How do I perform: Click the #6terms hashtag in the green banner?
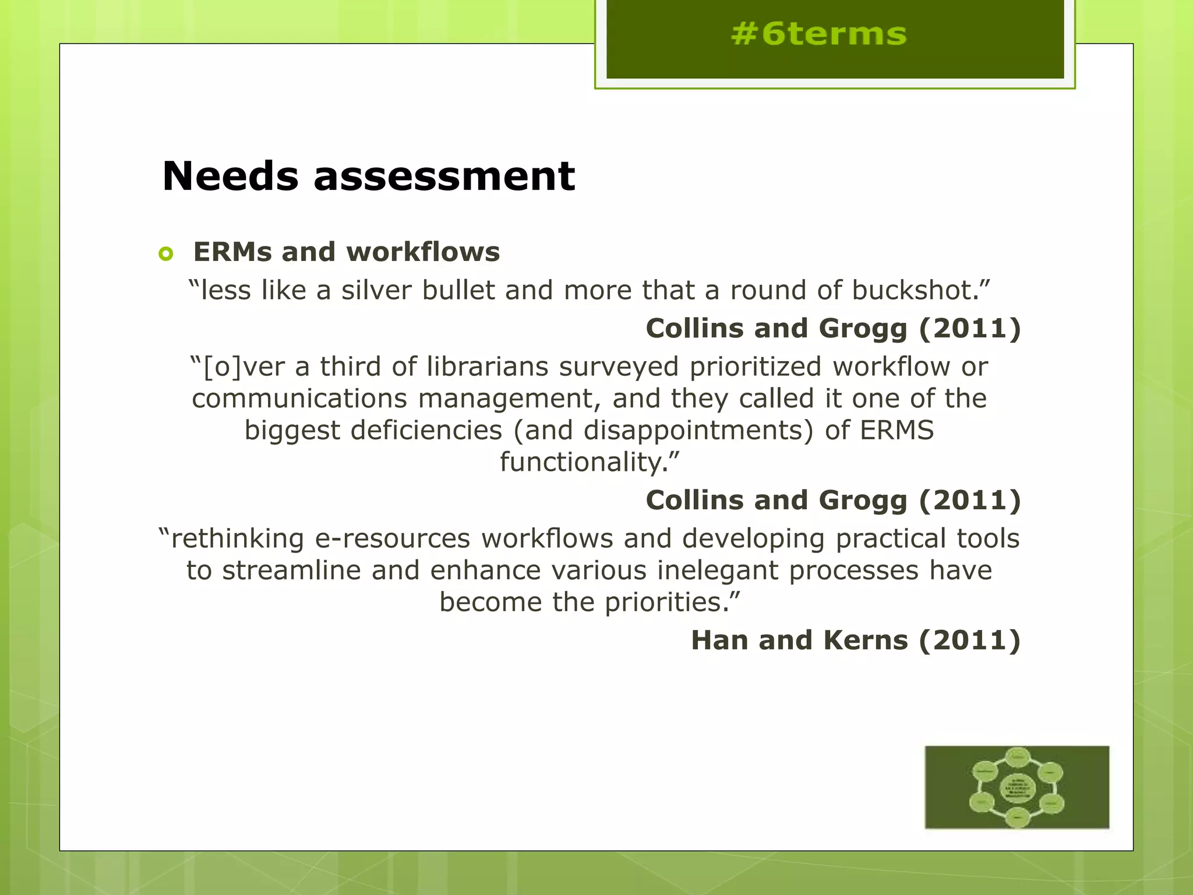click(x=818, y=34)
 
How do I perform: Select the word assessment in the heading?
click(x=444, y=176)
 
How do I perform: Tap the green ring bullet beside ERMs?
click(x=166, y=253)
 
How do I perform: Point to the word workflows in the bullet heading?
click(x=423, y=252)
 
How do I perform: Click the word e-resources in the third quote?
click(x=393, y=538)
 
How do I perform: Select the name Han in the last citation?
click(x=719, y=640)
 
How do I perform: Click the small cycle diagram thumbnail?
click(x=1016, y=787)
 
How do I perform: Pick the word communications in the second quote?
click(x=299, y=399)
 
